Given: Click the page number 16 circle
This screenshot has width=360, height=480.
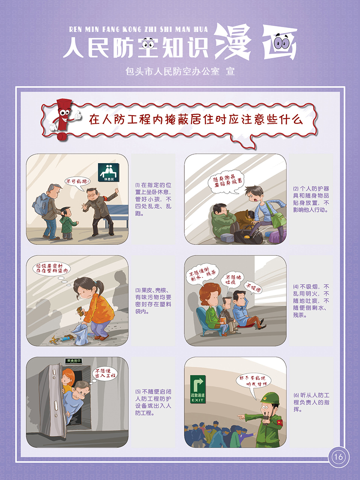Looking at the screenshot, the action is click(x=338, y=457).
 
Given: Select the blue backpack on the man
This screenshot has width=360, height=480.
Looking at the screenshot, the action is click(x=41, y=204).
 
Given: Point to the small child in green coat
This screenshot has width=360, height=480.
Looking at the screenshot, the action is click(x=68, y=223).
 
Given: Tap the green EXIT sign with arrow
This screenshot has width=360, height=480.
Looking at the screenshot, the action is click(x=198, y=389).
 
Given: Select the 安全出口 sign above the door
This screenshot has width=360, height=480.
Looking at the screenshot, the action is click(x=73, y=361).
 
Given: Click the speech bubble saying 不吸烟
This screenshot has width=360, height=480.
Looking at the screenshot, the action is click(x=253, y=287).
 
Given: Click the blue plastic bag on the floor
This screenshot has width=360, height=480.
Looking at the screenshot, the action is click(x=80, y=334).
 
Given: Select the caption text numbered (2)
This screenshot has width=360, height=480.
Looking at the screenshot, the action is click(x=311, y=199).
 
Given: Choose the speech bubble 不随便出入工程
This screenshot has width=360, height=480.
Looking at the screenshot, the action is click(x=104, y=374).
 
